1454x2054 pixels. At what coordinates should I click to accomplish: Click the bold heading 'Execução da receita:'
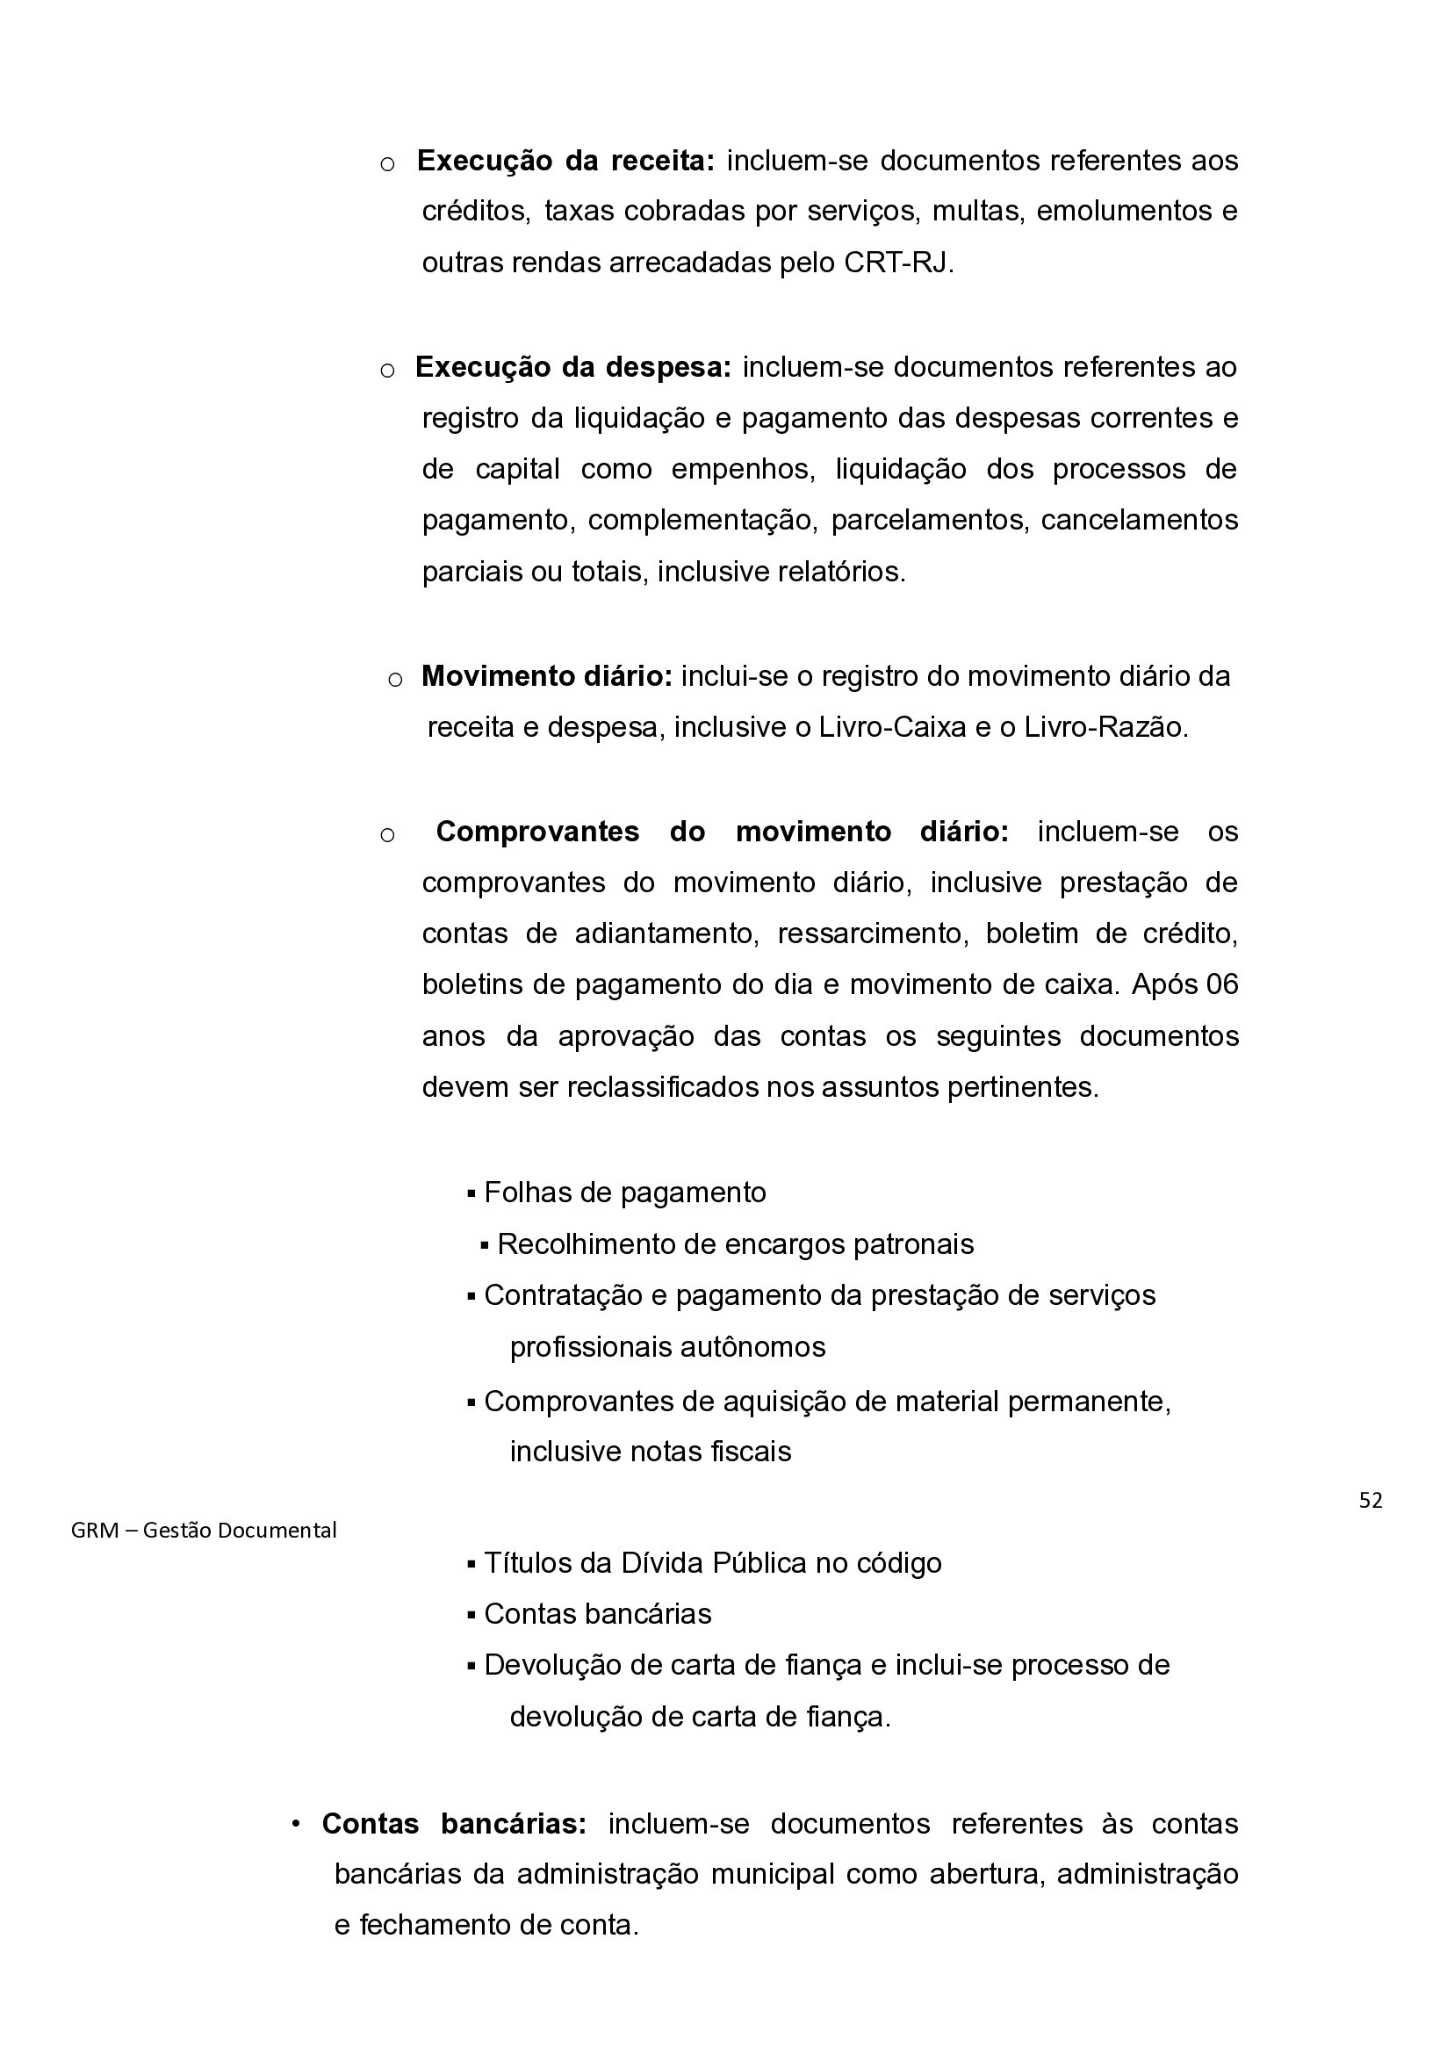tap(565, 161)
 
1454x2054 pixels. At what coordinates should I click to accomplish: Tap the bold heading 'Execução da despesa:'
tap(573, 367)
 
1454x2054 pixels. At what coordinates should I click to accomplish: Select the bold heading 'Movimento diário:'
tap(546, 676)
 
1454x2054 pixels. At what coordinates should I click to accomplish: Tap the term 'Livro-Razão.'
tap(1105, 727)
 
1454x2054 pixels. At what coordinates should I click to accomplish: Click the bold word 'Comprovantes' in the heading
tap(537, 831)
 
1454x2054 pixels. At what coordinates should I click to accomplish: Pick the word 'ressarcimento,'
tap(872, 933)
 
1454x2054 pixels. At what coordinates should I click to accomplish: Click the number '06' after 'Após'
tap(1222, 985)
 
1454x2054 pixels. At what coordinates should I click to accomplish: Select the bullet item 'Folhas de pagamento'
tap(624, 1193)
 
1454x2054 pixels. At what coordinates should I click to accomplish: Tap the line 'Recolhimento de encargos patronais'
tap(735, 1244)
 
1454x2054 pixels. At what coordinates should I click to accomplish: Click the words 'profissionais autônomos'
tap(667, 1347)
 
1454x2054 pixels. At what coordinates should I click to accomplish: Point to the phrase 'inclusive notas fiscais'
tap(650, 1451)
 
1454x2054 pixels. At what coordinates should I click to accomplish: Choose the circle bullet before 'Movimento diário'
tap(395, 680)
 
